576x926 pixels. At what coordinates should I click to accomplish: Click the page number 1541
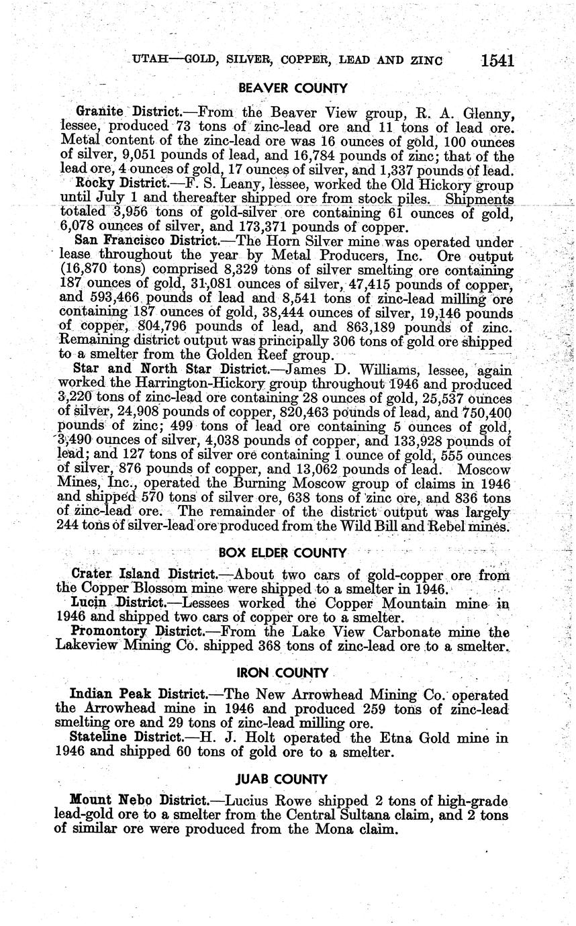click(x=497, y=61)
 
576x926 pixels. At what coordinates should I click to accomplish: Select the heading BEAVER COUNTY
click(x=293, y=89)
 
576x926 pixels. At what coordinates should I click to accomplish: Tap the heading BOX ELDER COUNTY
click(x=283, y=553)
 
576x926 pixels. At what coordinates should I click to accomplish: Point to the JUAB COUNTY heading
click(x=282, y=780)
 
